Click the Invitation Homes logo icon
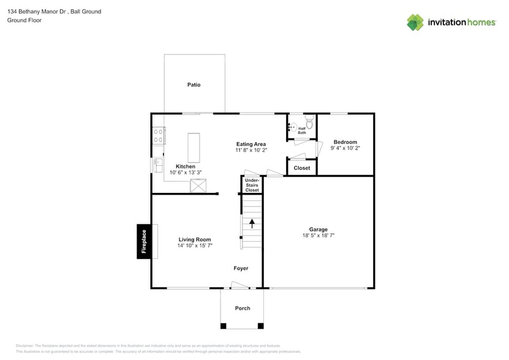tap(415, 22)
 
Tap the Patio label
tap(194, 85)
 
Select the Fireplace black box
tap(144, 241)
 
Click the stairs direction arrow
tap(252, 223)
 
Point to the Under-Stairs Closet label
tap(252, 185)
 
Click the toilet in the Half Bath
tap(309, 124)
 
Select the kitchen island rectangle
tap(194, 148)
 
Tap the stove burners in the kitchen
tap(158, 135)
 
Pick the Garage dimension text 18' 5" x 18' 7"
tap(318, 235)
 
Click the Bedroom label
tap(345, 142)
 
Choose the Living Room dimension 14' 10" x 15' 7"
tap(195, 246)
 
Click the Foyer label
tap(241, 268)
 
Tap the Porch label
tap(243, 308)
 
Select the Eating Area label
tap(251, 144)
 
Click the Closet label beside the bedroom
tap(301, 168)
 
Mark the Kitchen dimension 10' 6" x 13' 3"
tap(186, 173)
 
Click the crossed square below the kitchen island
tap(198, 186)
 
